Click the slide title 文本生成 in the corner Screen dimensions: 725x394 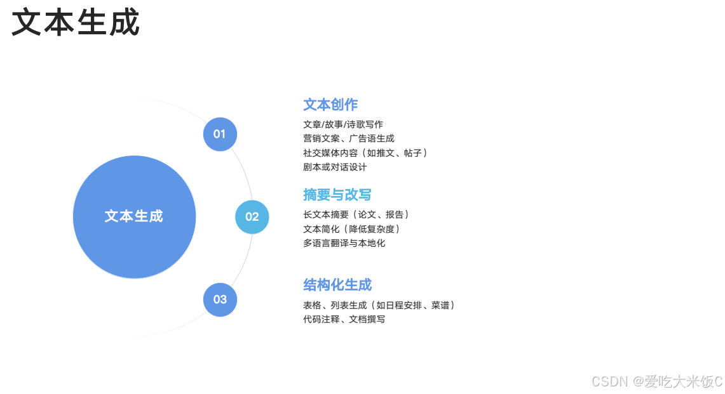[76, 23]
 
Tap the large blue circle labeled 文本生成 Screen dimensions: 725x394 [134, 216]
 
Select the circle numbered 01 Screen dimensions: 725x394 [220, 134]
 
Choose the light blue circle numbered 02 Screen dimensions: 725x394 [252, 216]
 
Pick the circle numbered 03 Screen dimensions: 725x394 [220, 299]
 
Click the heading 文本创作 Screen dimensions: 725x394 [330, 105]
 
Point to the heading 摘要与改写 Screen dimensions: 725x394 [337, 195]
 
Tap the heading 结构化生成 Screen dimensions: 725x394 [337, 285]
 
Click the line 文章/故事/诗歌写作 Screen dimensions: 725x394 [343, 124]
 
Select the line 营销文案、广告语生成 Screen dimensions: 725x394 [349, 138]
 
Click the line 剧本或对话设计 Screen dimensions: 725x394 [335, 167]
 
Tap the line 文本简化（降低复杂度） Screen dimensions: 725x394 [353, 229]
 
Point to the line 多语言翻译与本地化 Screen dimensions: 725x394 [344, 243]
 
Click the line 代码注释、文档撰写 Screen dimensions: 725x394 [344, 319]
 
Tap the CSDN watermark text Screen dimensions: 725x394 [656, 381]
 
